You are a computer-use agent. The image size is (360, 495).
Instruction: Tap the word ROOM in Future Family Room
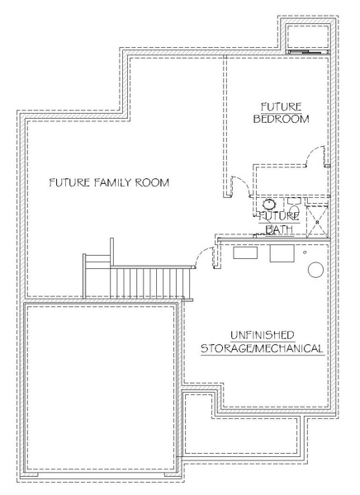tap(153, 182)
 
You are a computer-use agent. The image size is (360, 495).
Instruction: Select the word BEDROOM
tap(282, 119)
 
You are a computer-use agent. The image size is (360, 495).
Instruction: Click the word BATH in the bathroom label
tap(279, 229)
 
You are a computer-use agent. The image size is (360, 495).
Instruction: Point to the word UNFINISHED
tap(263, 335)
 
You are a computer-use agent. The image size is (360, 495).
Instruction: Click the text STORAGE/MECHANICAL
tap(262, 348)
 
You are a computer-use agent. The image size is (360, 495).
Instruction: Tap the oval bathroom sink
tap(269, 205)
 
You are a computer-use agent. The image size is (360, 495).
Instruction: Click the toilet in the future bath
tap(294, 207)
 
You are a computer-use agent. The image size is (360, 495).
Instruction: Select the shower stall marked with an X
tap(317, 222)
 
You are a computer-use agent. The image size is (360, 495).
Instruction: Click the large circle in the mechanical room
tap(315, 270)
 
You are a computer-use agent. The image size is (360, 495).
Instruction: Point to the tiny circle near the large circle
tap(305, 252)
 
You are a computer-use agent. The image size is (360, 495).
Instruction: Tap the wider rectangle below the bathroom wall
tap(245, 253)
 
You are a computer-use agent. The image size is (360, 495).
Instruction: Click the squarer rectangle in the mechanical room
tap(282, 253)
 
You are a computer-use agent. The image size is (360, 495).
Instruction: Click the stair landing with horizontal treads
tap(97, 276)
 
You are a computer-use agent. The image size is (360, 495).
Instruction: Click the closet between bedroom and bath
tap(291, 181)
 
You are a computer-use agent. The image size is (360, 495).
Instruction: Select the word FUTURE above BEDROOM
tap(282, 106)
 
